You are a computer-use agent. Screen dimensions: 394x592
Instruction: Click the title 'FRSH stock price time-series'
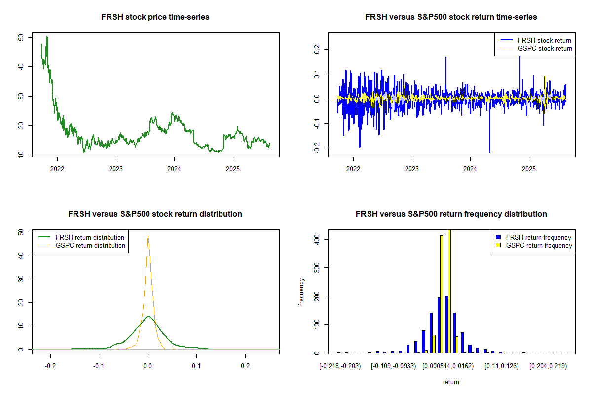pos(155,17)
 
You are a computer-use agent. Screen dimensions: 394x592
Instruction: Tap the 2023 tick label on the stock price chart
pos(116,166)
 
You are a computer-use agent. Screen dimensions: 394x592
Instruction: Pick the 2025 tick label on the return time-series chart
pos(529,166)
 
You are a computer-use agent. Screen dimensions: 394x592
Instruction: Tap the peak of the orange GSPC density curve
pos(148,236)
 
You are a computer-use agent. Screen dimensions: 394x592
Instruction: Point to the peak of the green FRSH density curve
pos(148,316)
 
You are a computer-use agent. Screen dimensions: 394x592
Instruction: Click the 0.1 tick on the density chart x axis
pos(196,366)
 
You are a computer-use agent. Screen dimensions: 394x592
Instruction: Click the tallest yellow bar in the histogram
pos(449,291)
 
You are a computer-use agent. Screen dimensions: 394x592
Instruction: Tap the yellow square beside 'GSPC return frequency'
pos(498,245)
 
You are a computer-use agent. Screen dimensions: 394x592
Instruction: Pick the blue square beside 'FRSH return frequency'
pos(498,237)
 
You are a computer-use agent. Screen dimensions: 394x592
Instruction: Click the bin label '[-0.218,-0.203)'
pos(340,366)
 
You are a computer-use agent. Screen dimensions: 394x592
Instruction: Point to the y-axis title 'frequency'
pos(301,292)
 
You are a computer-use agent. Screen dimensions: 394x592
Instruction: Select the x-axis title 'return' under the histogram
pos(451,382)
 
